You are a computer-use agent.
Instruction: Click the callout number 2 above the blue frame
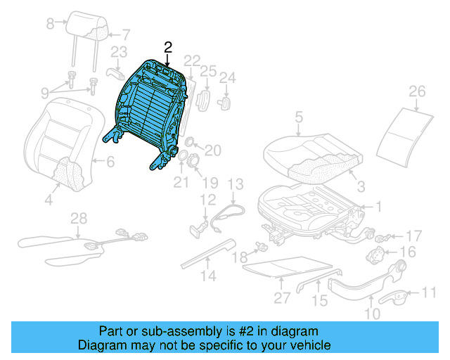coord(167,47)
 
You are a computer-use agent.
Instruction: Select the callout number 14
coord(207,276)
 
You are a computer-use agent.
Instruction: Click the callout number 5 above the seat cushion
coord(299,117)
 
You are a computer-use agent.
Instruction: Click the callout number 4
coord(49,201)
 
